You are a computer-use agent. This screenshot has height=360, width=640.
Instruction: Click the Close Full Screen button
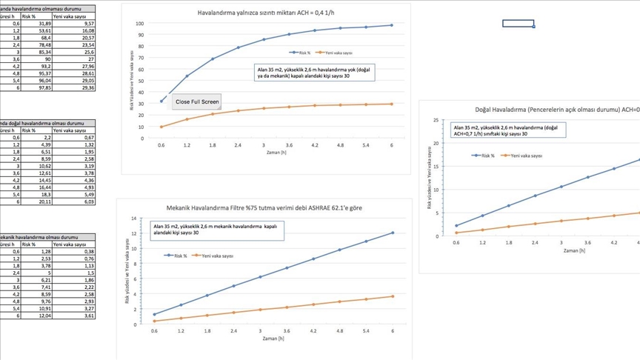[x=197, y=101]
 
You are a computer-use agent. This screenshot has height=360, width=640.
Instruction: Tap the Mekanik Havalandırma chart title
[x=265, y=208]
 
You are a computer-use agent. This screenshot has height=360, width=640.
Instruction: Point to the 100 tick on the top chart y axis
[x=140, y=24]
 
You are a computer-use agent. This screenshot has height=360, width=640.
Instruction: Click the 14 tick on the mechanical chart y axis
[x=134, y=219]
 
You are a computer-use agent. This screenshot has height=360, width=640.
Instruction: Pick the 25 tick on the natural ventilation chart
[x=436, y=120]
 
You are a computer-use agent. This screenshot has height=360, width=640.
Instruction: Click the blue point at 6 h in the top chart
[x=392, y=25]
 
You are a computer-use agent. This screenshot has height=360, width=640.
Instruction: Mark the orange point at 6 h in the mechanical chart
[x=393, y=296]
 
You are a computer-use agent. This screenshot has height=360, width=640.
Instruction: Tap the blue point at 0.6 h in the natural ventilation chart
[x=456, y=226]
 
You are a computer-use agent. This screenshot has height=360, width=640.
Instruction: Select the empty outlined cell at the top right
[x=518, y=24]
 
